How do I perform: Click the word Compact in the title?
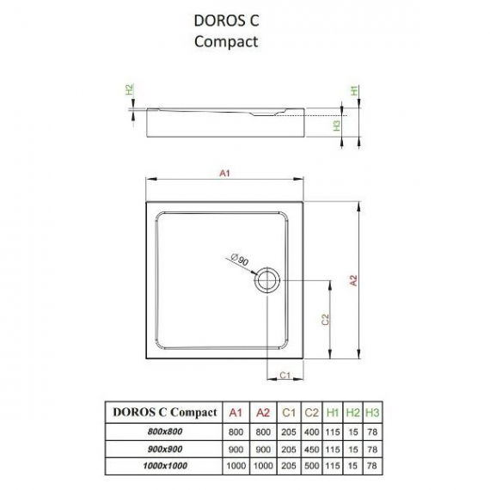tap(226, 42)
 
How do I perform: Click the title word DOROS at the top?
tap(215, 21)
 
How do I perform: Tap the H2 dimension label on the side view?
tap(129, 89)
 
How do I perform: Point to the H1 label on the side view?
tap(354, 90)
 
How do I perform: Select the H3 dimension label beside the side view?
tap(337, 126)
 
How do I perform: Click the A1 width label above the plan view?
tap(224, 173)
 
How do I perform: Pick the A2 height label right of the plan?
tap(353, 280)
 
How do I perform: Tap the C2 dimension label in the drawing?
tap(326, 320)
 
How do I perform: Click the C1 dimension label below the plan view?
tap(285, 375)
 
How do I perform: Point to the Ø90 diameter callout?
tap(240, 260)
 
